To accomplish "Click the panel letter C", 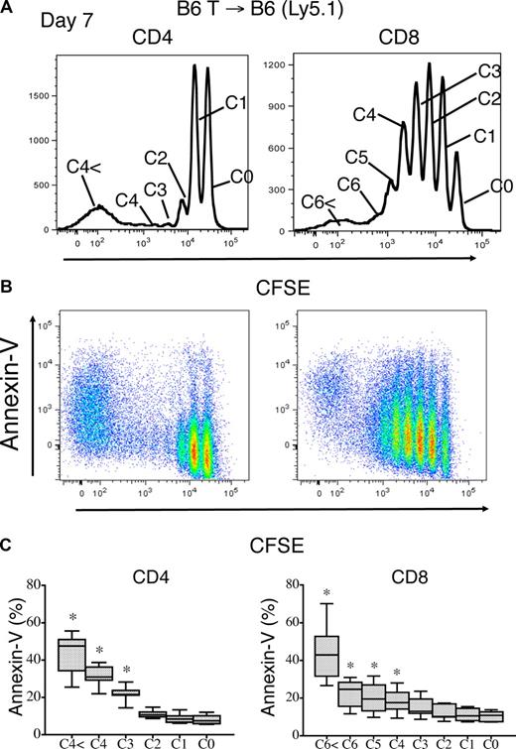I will (x=9, y=543).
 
